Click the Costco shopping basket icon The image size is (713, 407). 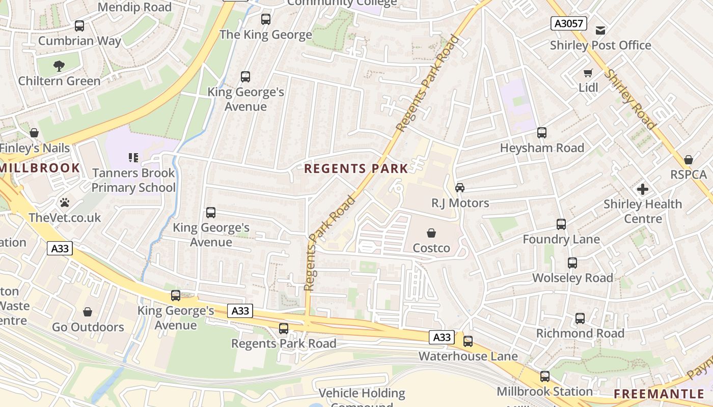(431, 233)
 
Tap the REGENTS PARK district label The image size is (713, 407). (355, 169)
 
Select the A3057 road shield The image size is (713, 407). (568, 23)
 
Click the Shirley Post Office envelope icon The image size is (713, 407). (600, 31)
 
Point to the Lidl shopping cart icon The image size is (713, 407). (588, 73)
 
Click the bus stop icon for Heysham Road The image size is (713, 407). (542, 133)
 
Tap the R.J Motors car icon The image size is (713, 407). (460, 188)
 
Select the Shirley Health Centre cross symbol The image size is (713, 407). (643, 189)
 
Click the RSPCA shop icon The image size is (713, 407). (689, 160)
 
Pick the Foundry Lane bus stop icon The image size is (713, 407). (561, 224)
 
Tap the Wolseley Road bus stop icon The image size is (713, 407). (572, 263)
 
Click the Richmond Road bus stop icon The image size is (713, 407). (580, 318)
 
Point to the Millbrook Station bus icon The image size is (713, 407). (545, 376)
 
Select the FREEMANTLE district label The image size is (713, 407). (659, 394)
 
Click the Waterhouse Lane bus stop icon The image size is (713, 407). (468, 341)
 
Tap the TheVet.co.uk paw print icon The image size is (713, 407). (65, 202)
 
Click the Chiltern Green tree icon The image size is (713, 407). (59, 66)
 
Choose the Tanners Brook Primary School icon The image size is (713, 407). (133, 158)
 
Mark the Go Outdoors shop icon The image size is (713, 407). (88, 312)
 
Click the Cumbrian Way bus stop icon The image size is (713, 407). (79, 26)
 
